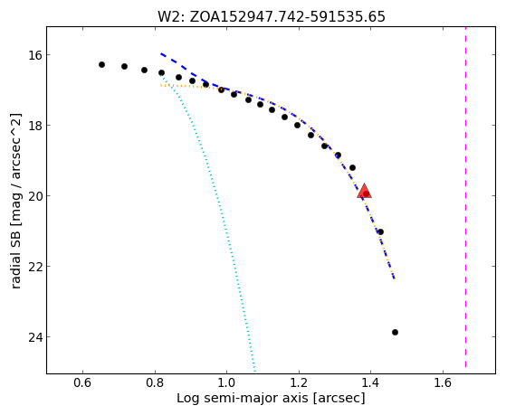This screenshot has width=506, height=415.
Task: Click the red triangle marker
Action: click(x=364, y=191)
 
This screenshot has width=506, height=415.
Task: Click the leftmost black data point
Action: click(x=101, y=64)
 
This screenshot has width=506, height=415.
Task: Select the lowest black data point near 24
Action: click(x=395, y=332)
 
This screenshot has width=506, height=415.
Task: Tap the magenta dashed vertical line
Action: click(x=465, y=197)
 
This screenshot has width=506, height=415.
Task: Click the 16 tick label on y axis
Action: click(x=35, y=55)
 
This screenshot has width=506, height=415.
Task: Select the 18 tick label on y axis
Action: click(x=35, y=126)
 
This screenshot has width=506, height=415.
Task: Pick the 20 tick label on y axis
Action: click(x=35, y=196)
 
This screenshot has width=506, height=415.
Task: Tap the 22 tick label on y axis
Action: click(x=35, y=267)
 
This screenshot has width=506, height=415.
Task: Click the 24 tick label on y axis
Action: click(x=35, y=337)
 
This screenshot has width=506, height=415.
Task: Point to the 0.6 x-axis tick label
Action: click(x=82, y=382)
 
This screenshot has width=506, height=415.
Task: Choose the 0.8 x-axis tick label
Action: click(x=155, y=382)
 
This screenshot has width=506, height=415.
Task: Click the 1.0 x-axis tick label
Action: click(x=226, y=382)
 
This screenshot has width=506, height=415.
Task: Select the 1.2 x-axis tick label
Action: click(x=299, y=382)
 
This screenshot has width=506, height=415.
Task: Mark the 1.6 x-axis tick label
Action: click(x=443, y=382)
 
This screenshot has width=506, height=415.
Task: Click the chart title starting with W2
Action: click(x=271, y=16)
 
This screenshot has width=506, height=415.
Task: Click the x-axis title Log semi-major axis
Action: click(x=271, y=398)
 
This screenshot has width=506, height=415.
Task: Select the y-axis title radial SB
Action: click(x=15, y=201)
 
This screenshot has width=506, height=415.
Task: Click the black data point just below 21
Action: click(x=380, y=231)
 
